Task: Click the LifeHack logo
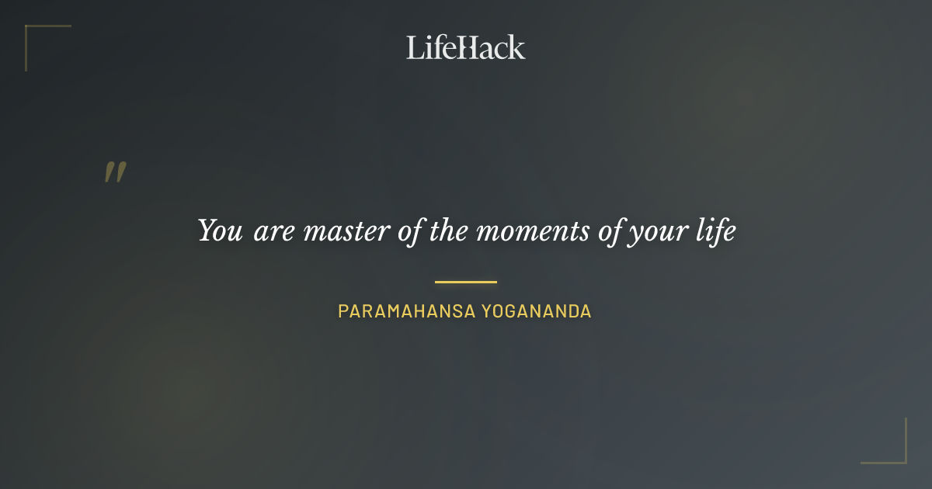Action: coord(466,47)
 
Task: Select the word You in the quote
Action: coord(220,231)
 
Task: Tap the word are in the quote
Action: coord(273,232)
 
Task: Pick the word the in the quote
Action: coord(448,231)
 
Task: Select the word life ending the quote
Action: coord(715,231)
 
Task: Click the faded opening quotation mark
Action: coord(115,172)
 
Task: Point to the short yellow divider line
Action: coord(466,282)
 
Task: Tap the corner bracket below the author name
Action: coord(893,450)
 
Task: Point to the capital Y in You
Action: coord(207,231)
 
